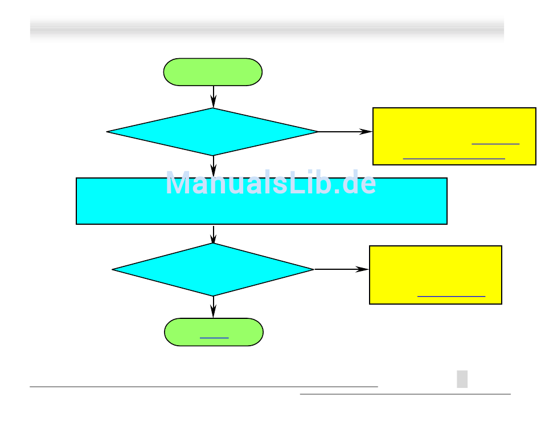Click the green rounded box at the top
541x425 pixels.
[212, 72]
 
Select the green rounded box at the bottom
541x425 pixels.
[214, 332]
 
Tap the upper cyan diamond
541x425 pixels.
[212, 132]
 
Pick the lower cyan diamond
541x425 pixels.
[213, 269]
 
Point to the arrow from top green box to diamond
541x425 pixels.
[213, 96]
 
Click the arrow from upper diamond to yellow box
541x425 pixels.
[345, 132]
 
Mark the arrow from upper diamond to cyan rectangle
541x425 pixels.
[213, 166]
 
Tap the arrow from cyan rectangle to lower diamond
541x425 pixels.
[213, 234]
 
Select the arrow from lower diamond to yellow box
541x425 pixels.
[341, 269]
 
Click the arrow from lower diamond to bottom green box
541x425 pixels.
[213, 307]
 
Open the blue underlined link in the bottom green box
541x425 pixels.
[214, 338]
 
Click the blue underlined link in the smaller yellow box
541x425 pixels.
[451, 296]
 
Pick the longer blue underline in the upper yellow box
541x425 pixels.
[453, 157]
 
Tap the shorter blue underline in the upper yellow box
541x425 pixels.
[495, 144]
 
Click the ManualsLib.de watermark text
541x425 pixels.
[270, 184]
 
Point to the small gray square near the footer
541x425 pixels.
[462, 379]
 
